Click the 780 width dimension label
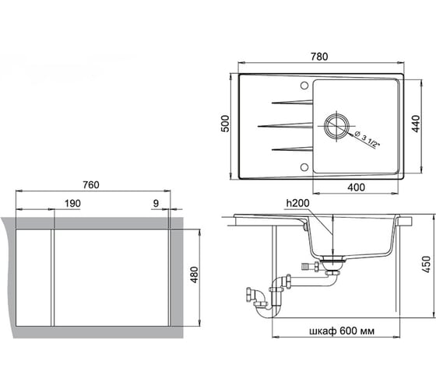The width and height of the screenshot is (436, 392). click(319, 57)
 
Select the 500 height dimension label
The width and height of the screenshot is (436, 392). click(225, 124)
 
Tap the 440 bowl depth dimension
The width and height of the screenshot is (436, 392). click(416, 124)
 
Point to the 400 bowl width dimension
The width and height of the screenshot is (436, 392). click(356, 187)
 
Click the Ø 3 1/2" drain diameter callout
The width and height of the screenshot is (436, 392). click(367, 141)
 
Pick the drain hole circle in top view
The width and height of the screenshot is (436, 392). click(336, 125)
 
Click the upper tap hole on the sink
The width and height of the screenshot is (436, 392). click(304, 86)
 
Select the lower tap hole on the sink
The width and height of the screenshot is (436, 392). click(304, 166)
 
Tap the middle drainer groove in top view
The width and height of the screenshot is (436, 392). click(285, 125)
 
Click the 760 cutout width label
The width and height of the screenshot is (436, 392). click(91, 185)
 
